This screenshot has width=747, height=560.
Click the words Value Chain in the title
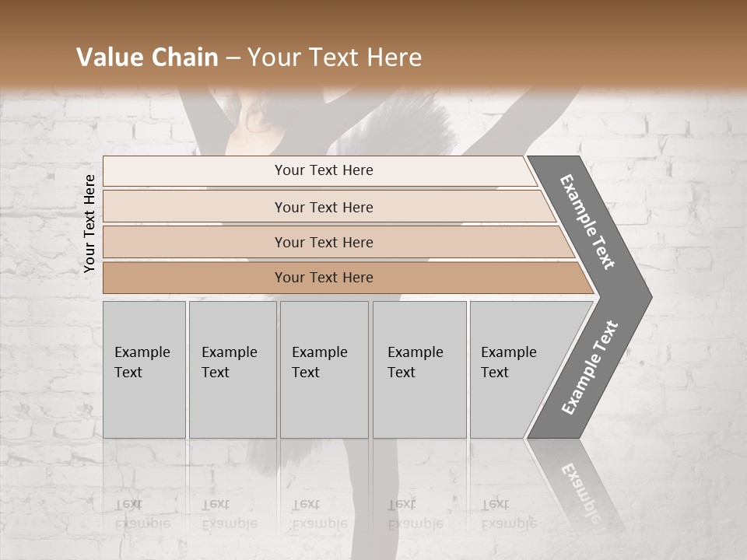(x=147, y=58)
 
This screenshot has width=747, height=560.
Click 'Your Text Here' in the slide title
(x=334, y=58)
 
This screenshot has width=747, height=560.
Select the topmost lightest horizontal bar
(x=323, y=170)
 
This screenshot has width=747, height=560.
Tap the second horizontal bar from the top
(x=323, y=207)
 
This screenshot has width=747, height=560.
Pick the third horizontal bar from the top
(x=323, y=242)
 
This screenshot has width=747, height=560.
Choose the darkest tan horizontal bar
(x=323, y=278)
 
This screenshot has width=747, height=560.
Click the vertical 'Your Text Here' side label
(x=89, y=223)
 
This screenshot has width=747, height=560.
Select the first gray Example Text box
(x=144, y=369)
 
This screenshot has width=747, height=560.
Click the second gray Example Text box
(x=232, y=369)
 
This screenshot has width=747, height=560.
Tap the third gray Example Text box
(x=324, y=369)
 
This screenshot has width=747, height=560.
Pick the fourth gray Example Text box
(x=419, y=369)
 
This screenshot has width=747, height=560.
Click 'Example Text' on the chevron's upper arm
(x=587, y=222)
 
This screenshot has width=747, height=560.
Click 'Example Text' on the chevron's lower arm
(x=590, y=368)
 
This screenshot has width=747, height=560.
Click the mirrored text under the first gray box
(x=142, y=514)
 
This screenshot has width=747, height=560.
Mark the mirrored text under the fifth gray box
(x=508, y=514)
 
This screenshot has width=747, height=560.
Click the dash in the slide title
(x=232, y=58)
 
